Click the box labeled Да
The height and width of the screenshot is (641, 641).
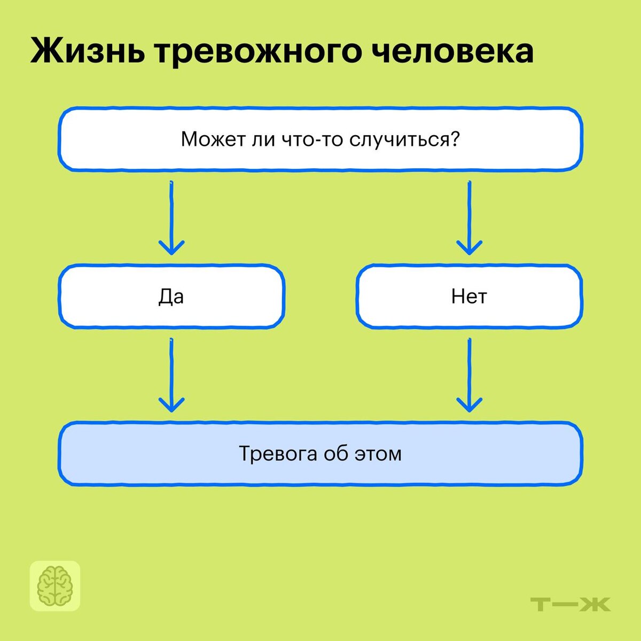[x=171, y=296]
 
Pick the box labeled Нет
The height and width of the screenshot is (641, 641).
[x=469, y=296]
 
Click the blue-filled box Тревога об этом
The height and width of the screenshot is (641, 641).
[x=320, y=454]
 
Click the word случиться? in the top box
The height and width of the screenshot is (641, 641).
[x=404, y=140]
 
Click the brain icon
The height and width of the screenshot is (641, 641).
[x=55, y=585]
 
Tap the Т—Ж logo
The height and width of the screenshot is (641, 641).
[x=571, y=605]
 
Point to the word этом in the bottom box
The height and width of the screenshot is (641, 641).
[x=378, y=454]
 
